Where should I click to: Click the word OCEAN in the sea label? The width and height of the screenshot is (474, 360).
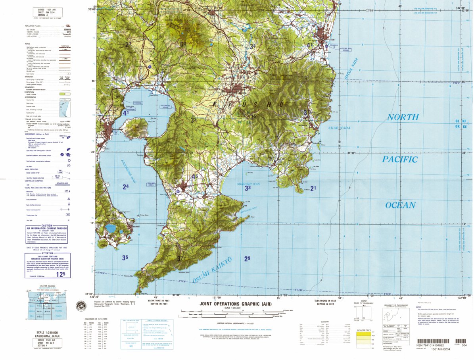[x=400, y=205]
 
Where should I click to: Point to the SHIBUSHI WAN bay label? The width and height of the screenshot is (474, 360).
[x=248, y=184]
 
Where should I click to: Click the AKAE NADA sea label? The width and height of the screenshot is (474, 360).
[x=339, y=128]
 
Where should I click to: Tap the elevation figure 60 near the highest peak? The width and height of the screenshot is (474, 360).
[x=183, y=44]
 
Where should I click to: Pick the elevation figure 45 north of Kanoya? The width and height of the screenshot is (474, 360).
[x=194, y=177]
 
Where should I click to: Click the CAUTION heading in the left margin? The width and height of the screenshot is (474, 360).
[x=46, y=225]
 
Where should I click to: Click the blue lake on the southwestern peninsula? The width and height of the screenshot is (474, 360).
[x=111, y=229]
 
